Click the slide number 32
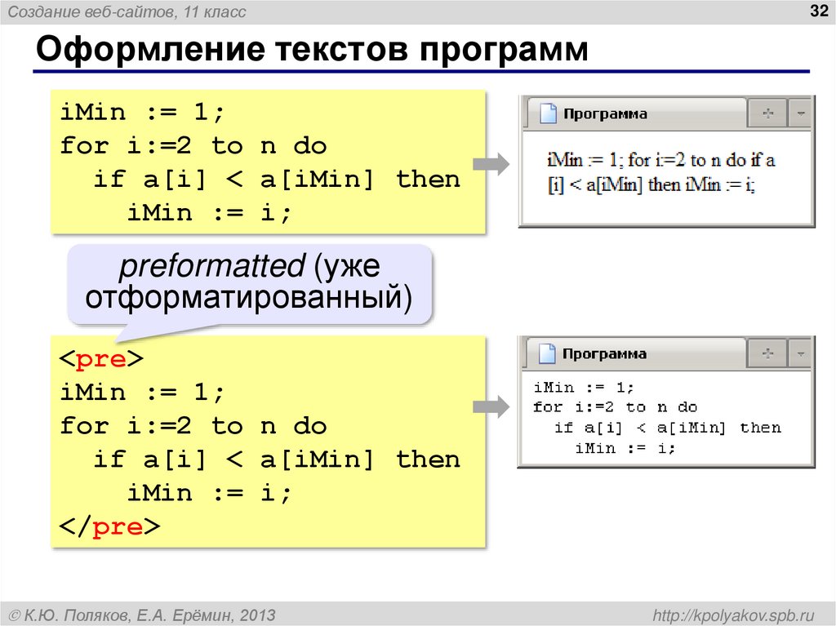coord(817,11)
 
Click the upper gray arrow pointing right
coord(491,164)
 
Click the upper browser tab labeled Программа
coord(605,114)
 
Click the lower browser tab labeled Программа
coord(604,354)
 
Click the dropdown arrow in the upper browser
coord(802,114)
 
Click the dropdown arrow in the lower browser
coord(802,354)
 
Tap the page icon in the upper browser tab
coord(548,114)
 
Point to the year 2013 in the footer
coord(258,615)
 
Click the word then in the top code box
coord(428,180)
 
